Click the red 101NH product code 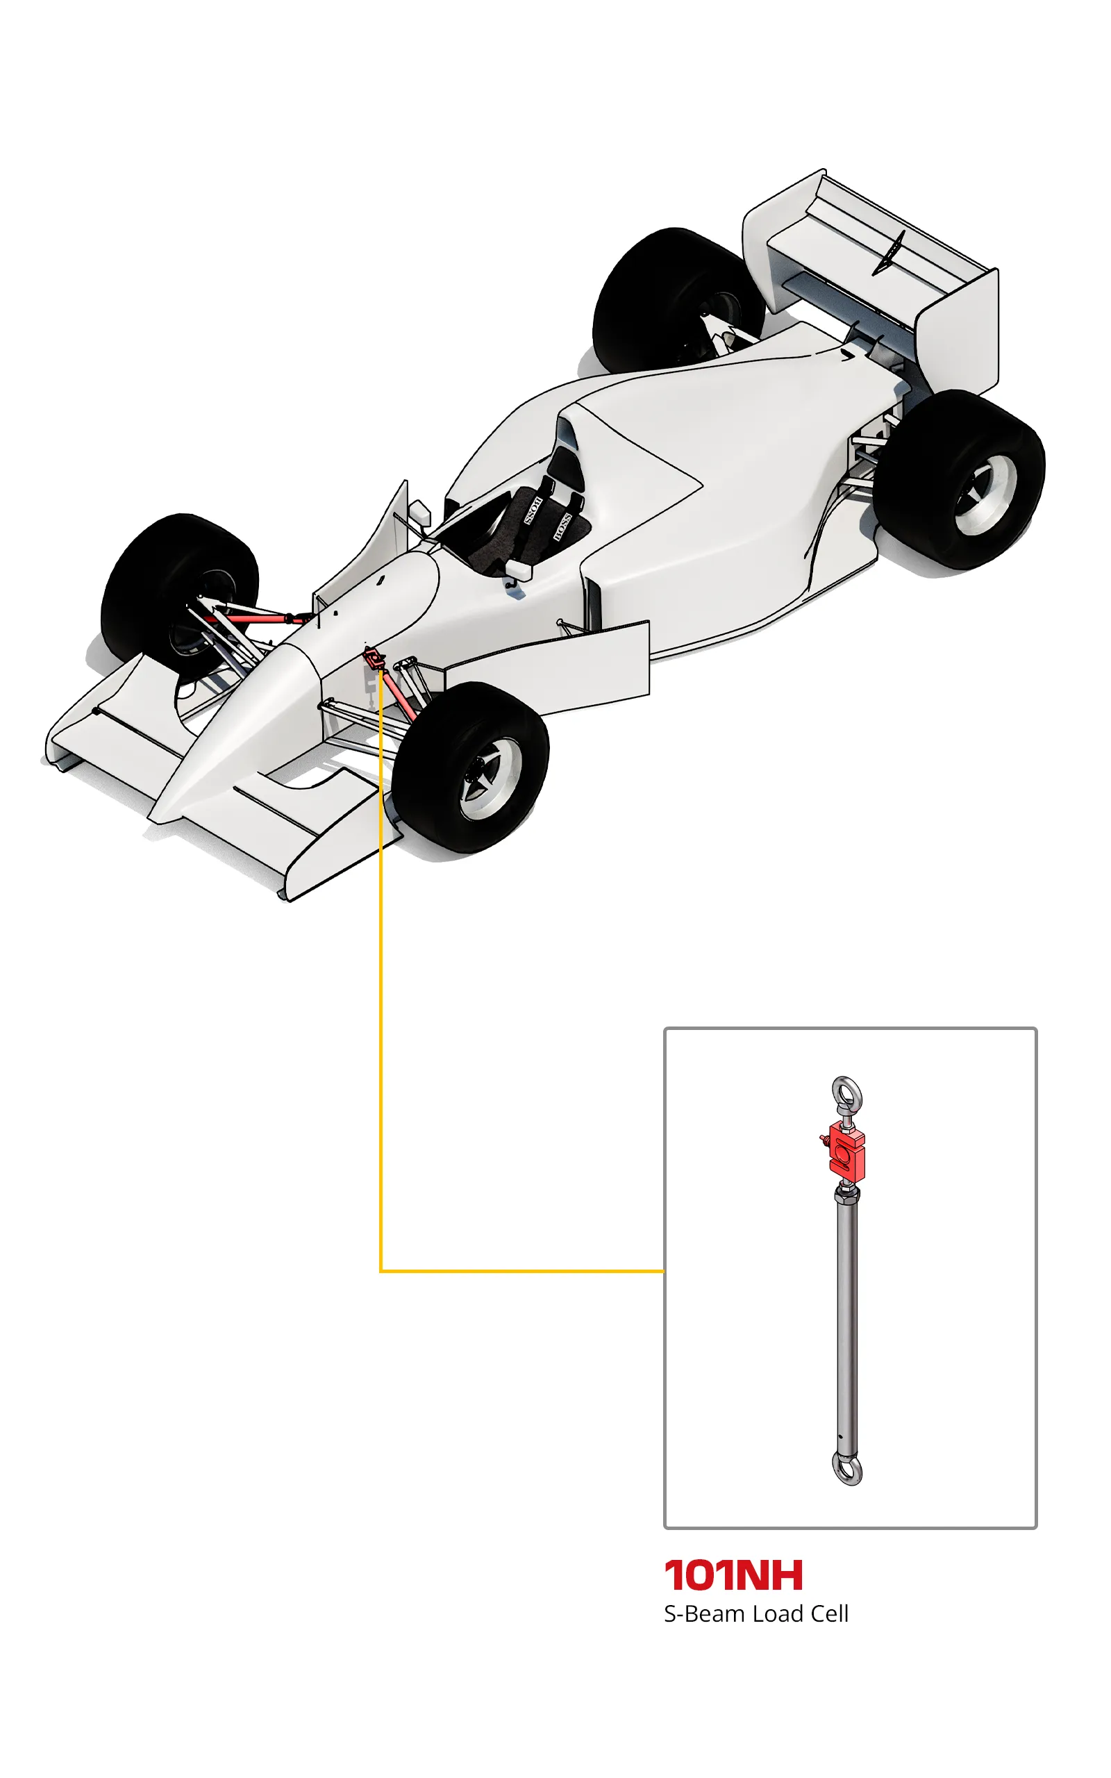pos(733,1575)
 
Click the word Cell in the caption pos(829,1613)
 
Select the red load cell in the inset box pos(845,1152)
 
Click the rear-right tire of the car pos(959,479)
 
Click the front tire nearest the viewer pos(470,767)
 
